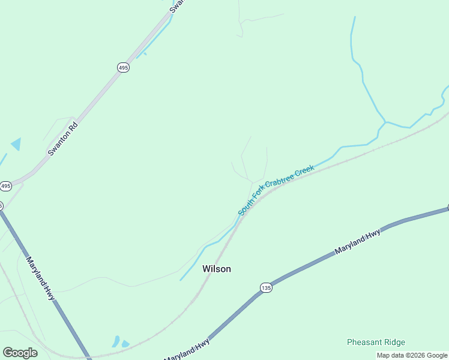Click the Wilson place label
click(216, 269)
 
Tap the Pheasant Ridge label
click(376, 343)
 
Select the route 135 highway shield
click(267, 288)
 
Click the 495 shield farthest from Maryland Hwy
click(123, 68)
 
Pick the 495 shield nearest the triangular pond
click(5, 186)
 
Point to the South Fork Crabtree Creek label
click(276, 190)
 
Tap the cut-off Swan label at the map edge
click(176, 6)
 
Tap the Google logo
click(20, 353)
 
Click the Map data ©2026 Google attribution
click(412, 355)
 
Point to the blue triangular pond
click(16, 144)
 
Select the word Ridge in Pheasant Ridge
click(394, 343)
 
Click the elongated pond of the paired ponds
click(116, 341)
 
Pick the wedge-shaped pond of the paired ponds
click(125, 344)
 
